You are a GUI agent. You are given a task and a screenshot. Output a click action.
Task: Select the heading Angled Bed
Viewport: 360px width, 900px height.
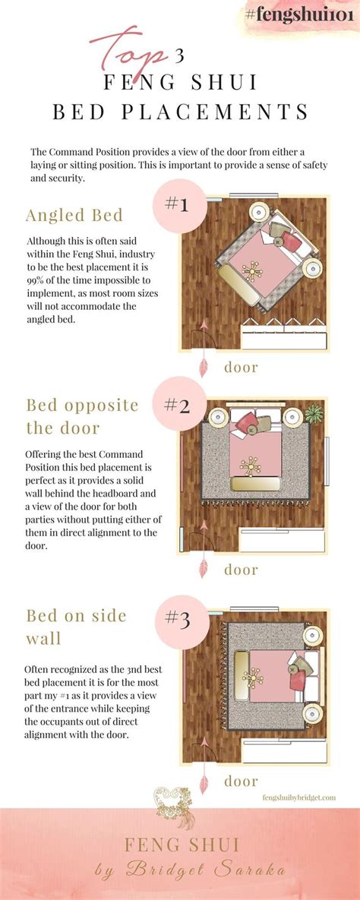[74, 215]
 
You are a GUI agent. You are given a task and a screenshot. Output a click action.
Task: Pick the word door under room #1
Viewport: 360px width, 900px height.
[241, 367]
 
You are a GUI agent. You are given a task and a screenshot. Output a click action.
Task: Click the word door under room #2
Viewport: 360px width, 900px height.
[241, 569]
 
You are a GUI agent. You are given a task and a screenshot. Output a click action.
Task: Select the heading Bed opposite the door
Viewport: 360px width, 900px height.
[82, 415]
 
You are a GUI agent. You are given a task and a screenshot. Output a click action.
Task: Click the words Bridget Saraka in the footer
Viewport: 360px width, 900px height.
[210, 870]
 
